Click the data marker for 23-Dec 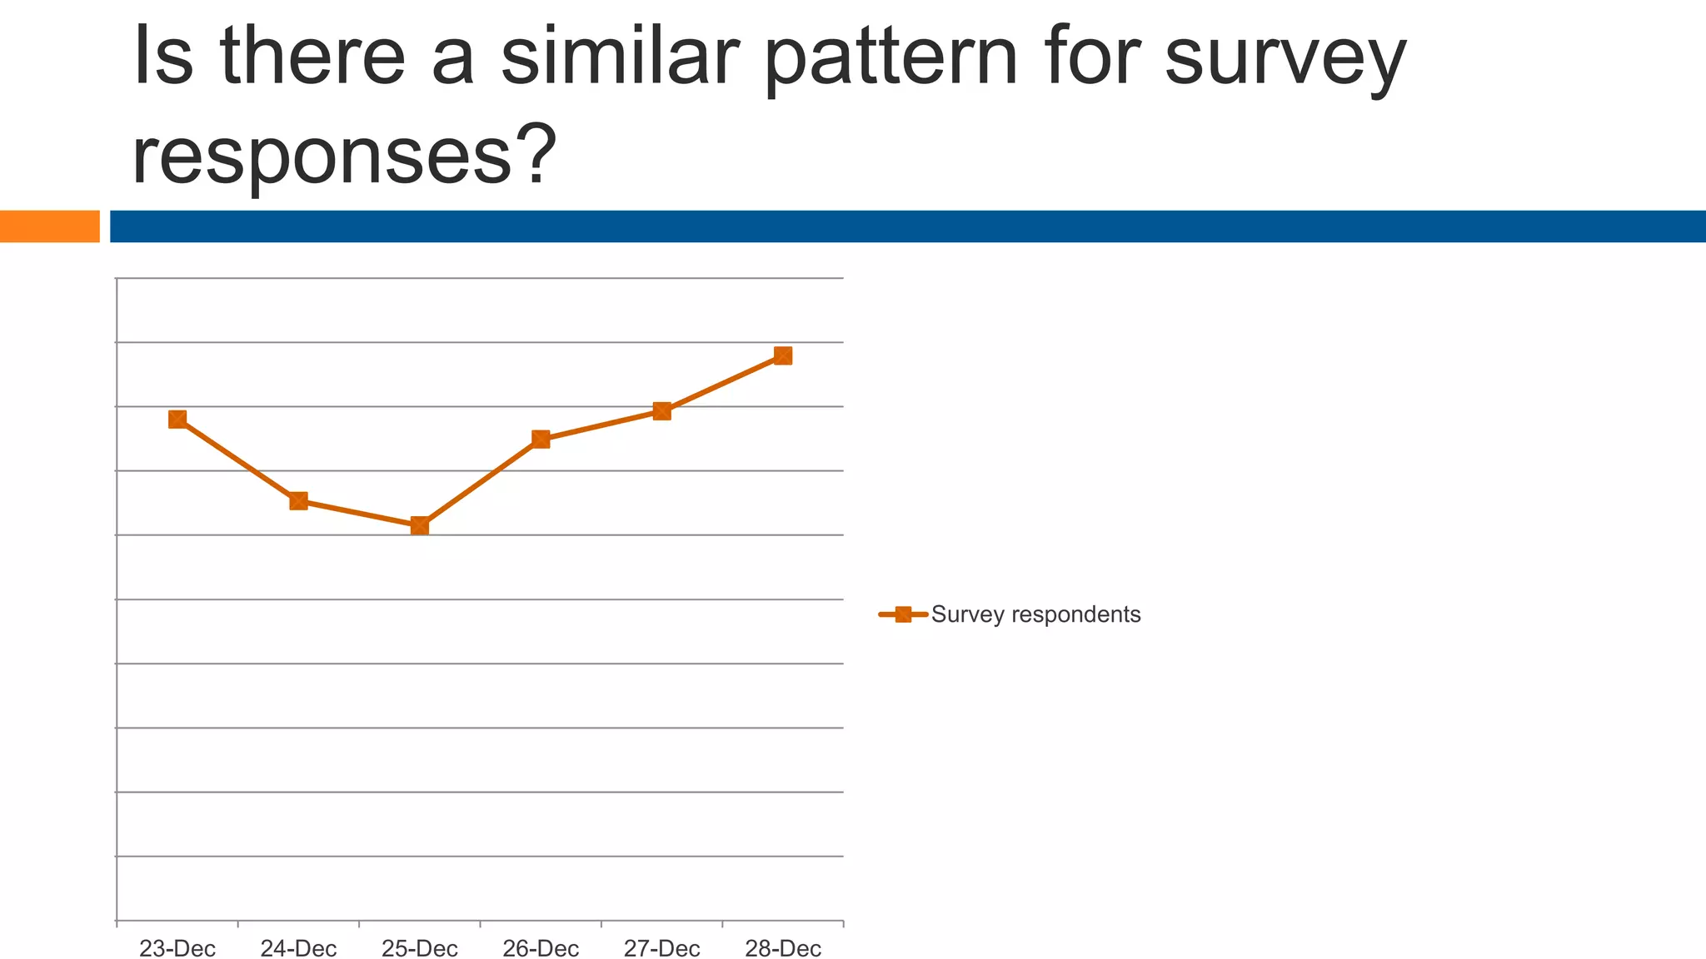pyautogui.click(x=177, y=419)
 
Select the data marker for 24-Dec pyautogui.click(x=298, y=500)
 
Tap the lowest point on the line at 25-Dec pyautogui.click(x=420, y=525)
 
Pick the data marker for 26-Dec pyautogui.click(x=541, y=439)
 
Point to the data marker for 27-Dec pyautogui.click(x=662, y=410)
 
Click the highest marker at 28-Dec pyautogui.click(x=783, y=355)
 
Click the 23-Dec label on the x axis pyautogui.click(x=177, y=948)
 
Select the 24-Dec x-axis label pyautogui.click(x=298, y=948)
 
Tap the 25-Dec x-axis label pyautogui.click(x=420, y=948)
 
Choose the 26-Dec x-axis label pyautogui.click(x=541, y=948)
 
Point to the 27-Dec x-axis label pyautogui.click(x=662, y=948)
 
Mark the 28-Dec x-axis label pyautogui.click(x=783, y=948)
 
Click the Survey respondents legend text pyautogui.click(x=1035, y=614)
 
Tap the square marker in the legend pyautogui.click(x=903, y=614)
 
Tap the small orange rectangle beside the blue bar pyautogui.click(x=49, y=226)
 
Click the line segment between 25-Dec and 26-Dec pyautogui.click(x=481, y=482)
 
